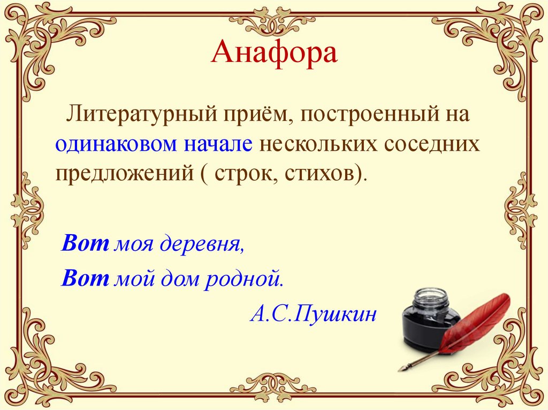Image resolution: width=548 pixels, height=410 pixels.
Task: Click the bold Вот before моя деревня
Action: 86,244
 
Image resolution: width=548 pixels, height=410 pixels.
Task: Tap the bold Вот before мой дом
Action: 86,278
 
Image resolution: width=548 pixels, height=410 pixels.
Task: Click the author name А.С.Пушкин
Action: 313,313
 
